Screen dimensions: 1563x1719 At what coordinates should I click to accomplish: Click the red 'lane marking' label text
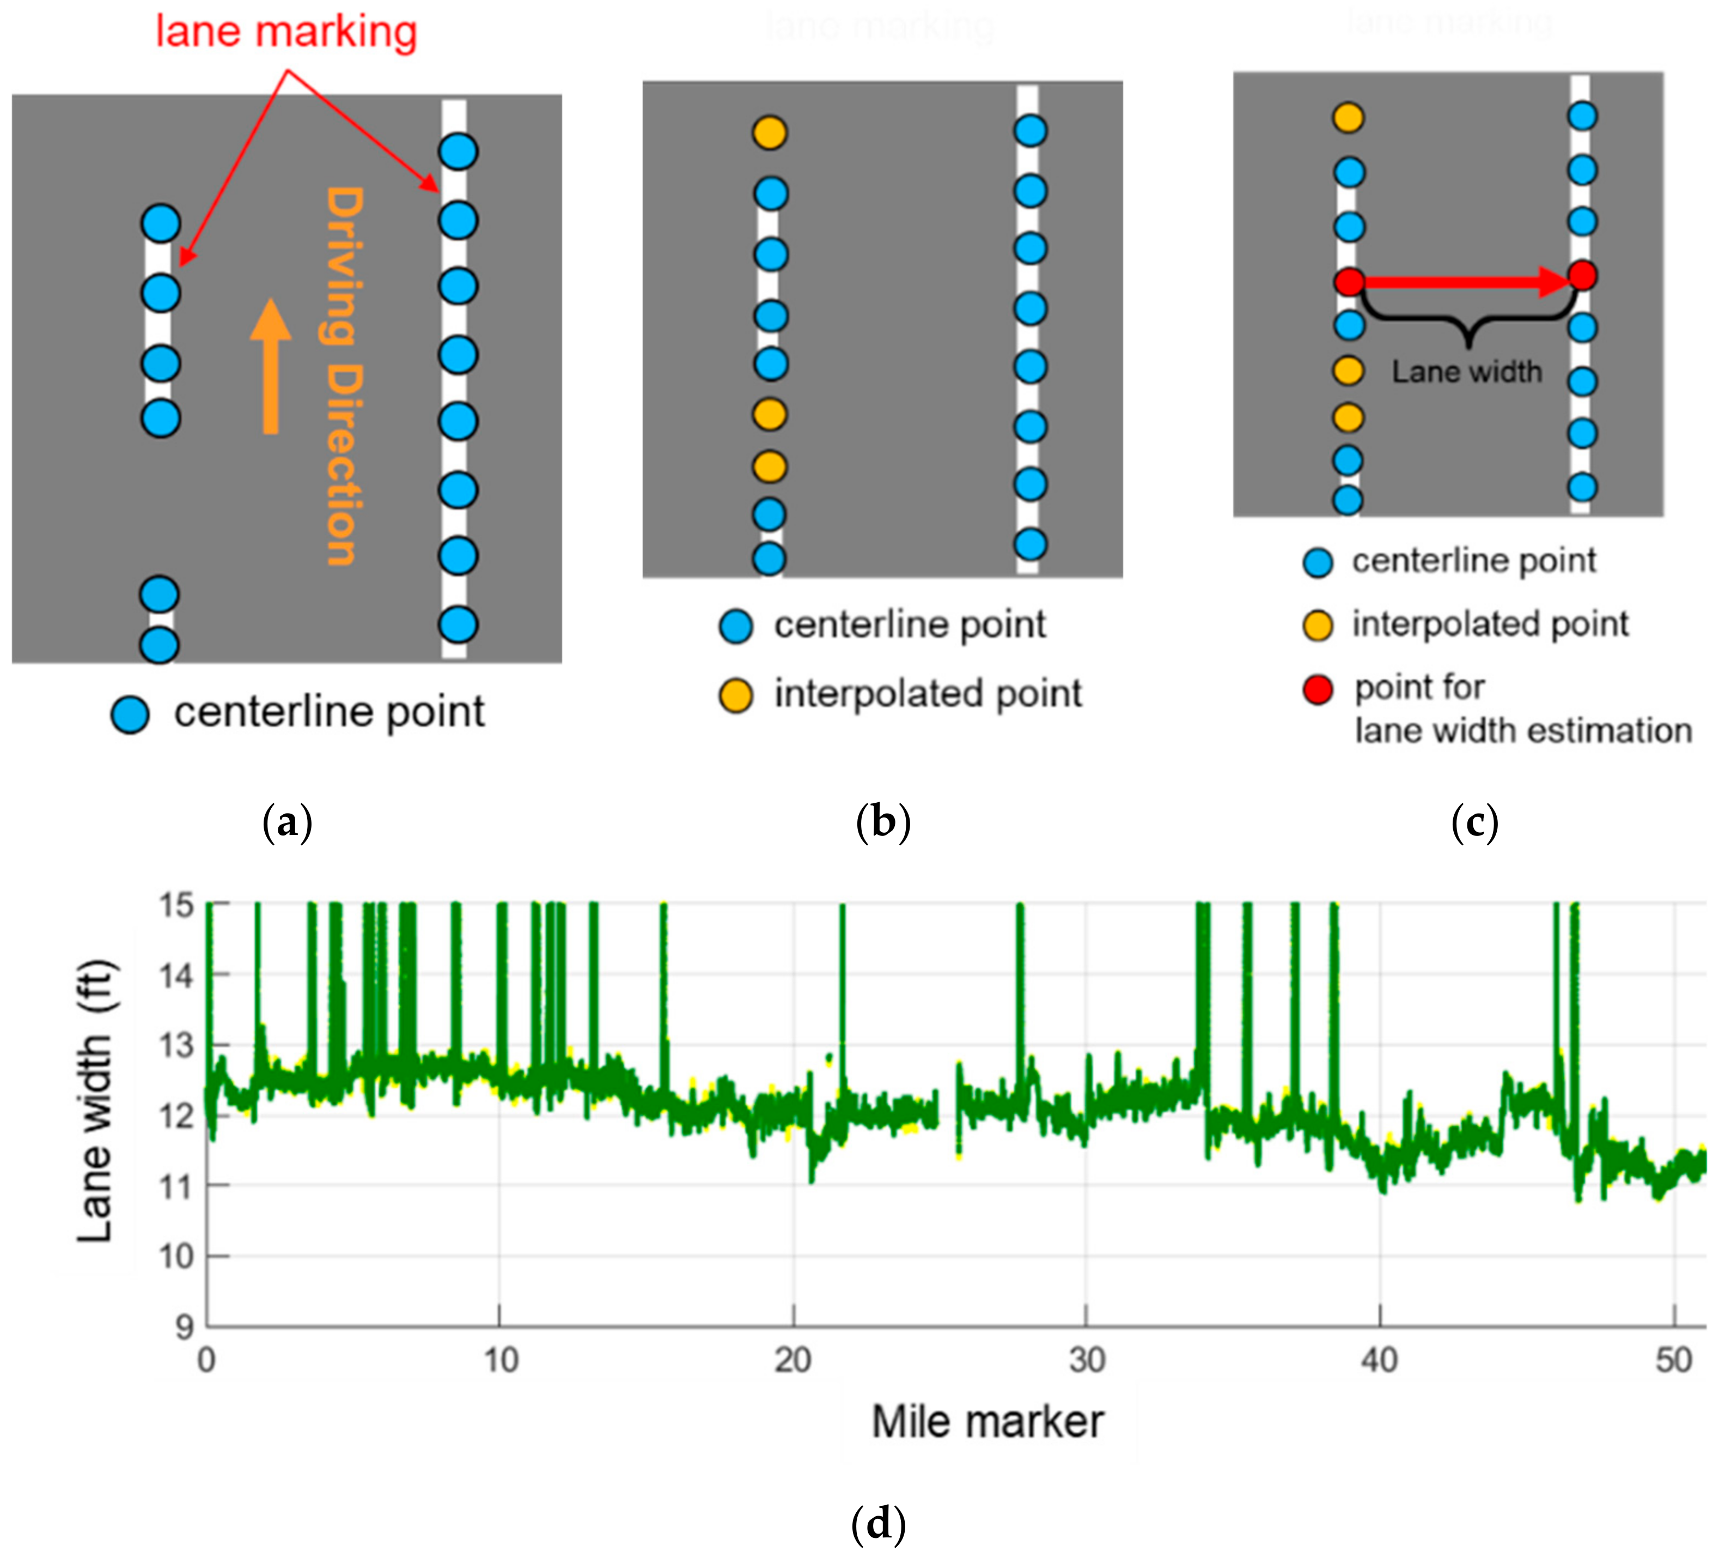(x=285, y=32)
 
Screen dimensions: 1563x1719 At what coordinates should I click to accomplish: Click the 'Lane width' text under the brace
(x=1467, y=372)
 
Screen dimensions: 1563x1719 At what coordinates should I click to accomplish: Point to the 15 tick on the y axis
(x=178, y=904)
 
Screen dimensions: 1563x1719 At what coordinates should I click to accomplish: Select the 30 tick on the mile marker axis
(x=1086, y=1360)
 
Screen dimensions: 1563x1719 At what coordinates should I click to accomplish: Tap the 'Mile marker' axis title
(x=987, y=1422)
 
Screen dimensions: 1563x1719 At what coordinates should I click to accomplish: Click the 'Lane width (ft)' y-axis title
(x=95, y=1100)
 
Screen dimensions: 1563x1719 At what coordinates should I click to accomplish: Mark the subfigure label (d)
(x=877, y=1523)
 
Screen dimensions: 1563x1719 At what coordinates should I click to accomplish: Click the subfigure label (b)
(x=882, y=822)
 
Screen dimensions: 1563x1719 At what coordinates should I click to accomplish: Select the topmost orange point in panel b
(x=769, y=133)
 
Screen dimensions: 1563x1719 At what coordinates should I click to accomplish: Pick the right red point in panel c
(x=1582, y=276)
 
